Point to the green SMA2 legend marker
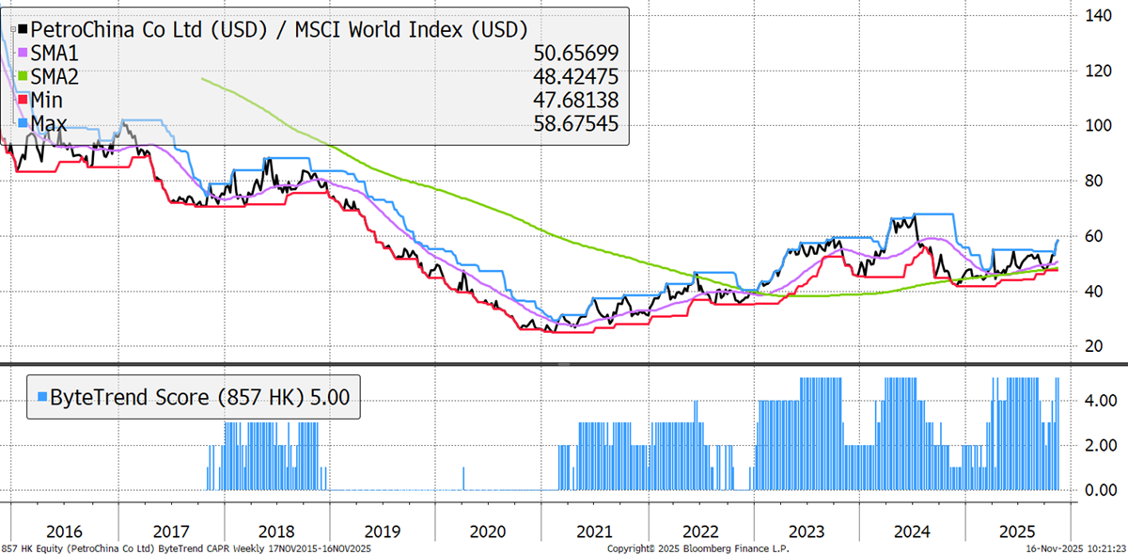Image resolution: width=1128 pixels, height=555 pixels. coord(23,75)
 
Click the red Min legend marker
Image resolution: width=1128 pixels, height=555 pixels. coord(23,99)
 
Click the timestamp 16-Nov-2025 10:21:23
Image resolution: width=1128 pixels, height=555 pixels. coord(1074,547)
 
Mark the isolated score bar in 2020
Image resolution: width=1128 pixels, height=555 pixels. coord(464,478)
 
